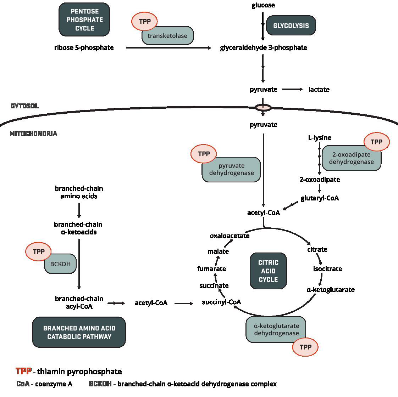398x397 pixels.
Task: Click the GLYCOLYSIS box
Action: (291, 25)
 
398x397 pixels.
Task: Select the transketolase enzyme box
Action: (168, 36)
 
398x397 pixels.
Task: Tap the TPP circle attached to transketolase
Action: (144, 21)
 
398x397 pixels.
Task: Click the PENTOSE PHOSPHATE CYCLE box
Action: (84, 20)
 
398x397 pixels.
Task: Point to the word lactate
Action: (319, 90)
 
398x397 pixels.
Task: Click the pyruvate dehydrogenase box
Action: (231, 170)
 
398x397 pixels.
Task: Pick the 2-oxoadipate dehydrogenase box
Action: (351, 158)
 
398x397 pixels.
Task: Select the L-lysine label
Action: (320, 137)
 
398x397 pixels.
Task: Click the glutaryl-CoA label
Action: (320, 198)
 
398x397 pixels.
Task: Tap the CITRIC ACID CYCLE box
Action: (268, 271)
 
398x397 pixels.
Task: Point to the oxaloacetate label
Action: (230, 236)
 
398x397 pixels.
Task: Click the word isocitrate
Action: (327, 269)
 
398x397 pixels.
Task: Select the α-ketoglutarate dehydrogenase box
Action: (276, 329)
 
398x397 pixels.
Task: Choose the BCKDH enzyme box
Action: (60, 264)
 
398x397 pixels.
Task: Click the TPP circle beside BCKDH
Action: (38, 251)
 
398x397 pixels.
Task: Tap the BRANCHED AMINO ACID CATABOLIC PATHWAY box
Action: (79, 332)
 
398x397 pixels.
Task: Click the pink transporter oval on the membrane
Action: (263, 107)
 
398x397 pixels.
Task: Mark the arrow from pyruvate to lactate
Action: (292, 89)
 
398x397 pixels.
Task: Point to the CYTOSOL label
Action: (25, 106)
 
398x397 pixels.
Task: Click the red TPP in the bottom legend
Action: (24, 371)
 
